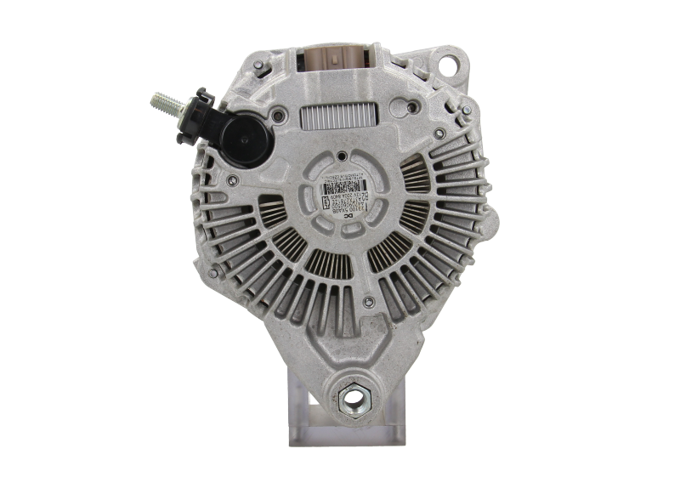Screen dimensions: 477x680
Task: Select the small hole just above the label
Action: [x=340, y=156]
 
